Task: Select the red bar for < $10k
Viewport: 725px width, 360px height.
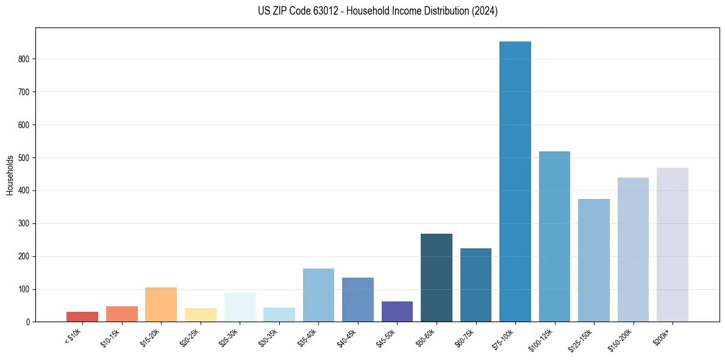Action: pos(82,317)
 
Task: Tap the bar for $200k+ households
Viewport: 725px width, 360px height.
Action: pos(673,245)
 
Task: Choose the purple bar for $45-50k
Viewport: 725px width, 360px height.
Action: pos(397,311)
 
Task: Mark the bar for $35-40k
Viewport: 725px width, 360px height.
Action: pos(318,295)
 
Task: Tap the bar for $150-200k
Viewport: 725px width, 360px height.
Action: pos(633,250)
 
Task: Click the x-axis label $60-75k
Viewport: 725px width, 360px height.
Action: pos(465,337)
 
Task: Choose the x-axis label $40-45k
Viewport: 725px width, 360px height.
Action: pos(346,337)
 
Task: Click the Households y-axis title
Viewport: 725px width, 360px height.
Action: pos(10,175)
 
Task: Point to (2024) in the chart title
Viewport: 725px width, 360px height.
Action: pos(484,11)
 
